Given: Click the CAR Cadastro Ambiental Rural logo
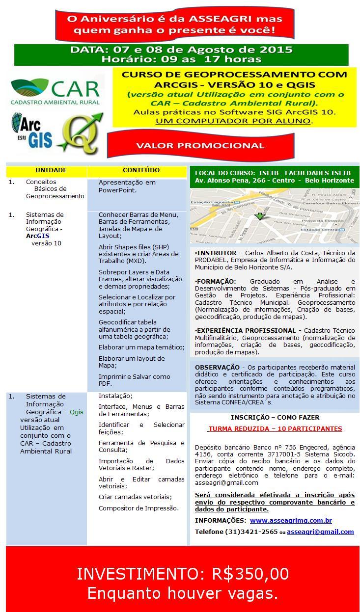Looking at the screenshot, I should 55,91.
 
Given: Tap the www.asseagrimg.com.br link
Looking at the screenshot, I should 291,520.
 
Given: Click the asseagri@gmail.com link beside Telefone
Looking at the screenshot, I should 320,532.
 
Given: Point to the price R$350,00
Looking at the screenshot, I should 250,574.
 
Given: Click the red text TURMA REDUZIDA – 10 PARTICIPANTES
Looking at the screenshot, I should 275,428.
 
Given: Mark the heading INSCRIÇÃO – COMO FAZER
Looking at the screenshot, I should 275,418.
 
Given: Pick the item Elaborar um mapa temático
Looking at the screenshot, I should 141,347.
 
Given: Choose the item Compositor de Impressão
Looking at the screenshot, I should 138,508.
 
